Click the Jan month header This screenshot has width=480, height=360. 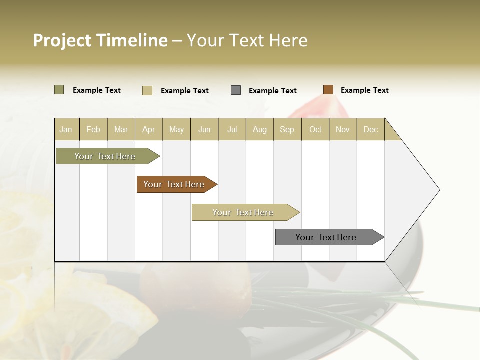[x=66, y=129]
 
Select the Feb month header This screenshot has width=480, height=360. [x=93, y=129]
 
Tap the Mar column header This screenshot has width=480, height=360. [x=121, y=129]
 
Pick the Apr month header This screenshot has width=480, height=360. [x=149, y=129]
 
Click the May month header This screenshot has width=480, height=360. [x=176, y=129]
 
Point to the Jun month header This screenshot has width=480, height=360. [x=204, y=129]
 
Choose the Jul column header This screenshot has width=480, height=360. [x=232, y=129]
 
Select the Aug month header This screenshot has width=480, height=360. [x=260, y=129]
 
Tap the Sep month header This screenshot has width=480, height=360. [x=287, y=129]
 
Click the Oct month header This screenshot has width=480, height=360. [x=315, y=129]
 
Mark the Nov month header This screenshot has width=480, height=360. [x=343, y=129]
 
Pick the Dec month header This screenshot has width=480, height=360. [x=371, y=129]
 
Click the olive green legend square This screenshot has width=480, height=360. [x=59, y=90]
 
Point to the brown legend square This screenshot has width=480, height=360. [x=328, y=90]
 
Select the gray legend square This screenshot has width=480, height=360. [x=236, y=90]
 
